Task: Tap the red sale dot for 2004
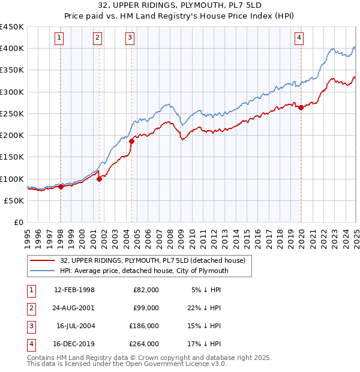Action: coord(131,141)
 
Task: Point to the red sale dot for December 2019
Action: coord(301,107)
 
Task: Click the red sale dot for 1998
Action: coord(61,187)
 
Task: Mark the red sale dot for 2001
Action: coord(99,179)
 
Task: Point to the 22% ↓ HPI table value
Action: coord(206,308)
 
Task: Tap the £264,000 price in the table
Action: coord(144,344)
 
